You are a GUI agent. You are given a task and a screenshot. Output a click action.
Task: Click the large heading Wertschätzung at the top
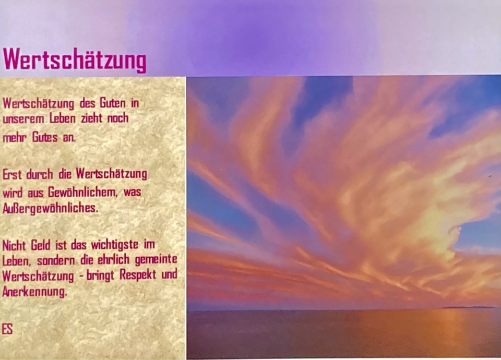pyautogui.click(x=75, y=59)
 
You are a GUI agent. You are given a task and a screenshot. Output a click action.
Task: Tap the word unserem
pyautogui.click(x=23, y=119)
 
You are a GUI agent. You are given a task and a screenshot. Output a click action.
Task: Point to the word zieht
pyautogui.click(x=92, y=118)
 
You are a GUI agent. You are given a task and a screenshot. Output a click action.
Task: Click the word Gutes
pyautogui.click(x=45, y=137)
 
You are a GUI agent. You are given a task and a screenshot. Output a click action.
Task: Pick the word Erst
pyautogui.click(x=12, y=174)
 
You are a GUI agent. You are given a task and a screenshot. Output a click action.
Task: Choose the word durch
pyautogui.click(x=40, y=174)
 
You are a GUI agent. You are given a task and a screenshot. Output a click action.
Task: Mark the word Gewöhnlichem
pyautogui.click(x=82, y=193)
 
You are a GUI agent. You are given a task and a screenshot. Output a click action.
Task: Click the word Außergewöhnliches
pyautogui.click(x=50, y=209)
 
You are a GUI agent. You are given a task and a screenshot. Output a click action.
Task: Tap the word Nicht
pyautogui.click(x=15, y=245)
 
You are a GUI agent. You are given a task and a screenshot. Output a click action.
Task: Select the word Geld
pyautogui.click(x=41, y=245)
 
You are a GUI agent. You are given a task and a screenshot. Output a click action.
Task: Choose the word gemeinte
pyautogui.click(x=156, y=259)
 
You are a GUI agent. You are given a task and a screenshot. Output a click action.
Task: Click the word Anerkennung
pyautogui.click(x=34, y=292)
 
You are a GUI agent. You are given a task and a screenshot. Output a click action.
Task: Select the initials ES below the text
pyautogui.click(x=7, y=329)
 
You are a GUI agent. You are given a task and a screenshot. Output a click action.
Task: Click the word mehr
pyautogui.click(x=15, y=138)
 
